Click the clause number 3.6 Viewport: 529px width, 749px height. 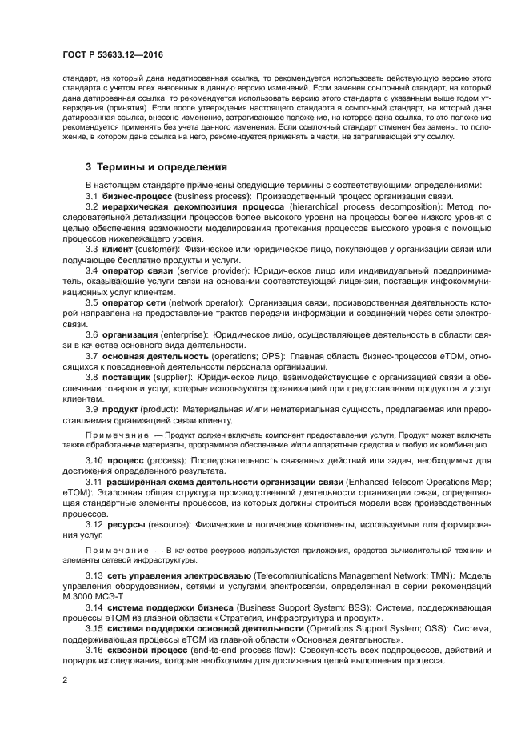coord(92,334)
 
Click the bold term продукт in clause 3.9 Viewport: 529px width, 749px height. coord(121,409)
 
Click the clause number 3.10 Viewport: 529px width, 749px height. coord(94,461)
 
